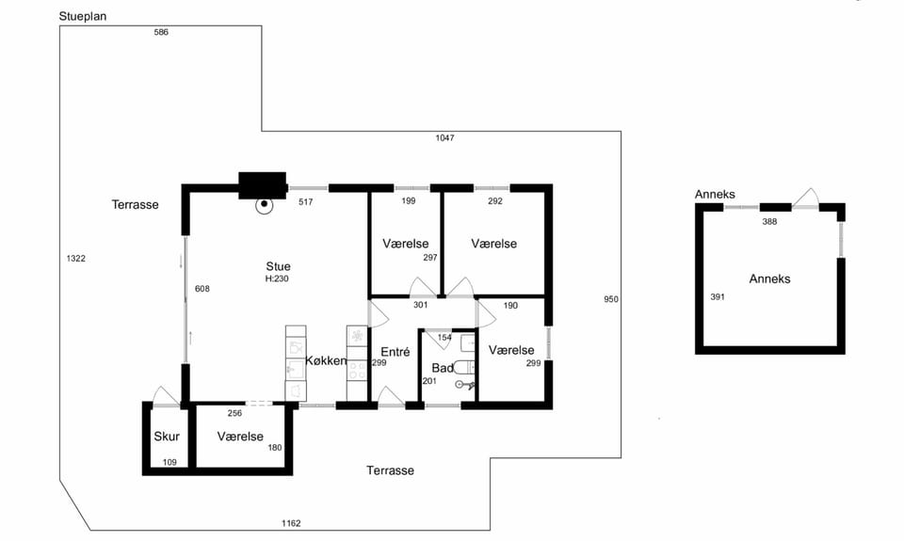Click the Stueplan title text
[83, 17]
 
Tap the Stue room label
[278, 266]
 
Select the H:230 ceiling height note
[277, 278]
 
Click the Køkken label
[327, 360]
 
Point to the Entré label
[395, 352]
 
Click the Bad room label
[443, 368]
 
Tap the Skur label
[167, 437]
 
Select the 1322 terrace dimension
[76, 259]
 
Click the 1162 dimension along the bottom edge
[291, 523]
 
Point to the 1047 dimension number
[444, 137]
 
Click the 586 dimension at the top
[161, 32]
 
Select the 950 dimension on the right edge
[611, 299]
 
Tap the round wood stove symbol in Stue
[265, 204]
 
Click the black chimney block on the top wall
[263, 185]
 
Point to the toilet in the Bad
[463, 367]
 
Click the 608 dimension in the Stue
[202, 289]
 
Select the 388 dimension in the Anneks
[769, 221]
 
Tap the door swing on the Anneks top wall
[805, 198]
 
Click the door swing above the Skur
[166, 396]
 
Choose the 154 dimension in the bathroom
[444, 338]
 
